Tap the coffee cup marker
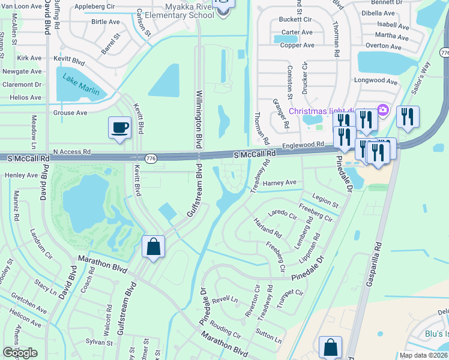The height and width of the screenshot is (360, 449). point(119,128)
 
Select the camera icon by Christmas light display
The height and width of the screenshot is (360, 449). point(384,111)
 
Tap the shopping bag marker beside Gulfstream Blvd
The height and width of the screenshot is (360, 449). point(153,247)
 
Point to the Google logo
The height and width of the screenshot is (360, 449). point(20,353)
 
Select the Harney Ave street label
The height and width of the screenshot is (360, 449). point(282,182)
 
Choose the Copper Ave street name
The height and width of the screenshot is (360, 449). point(298,45)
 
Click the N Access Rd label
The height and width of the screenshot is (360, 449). point(71,152)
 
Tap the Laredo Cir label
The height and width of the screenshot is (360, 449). point(282,214)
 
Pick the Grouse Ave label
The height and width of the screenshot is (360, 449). point(70,112)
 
